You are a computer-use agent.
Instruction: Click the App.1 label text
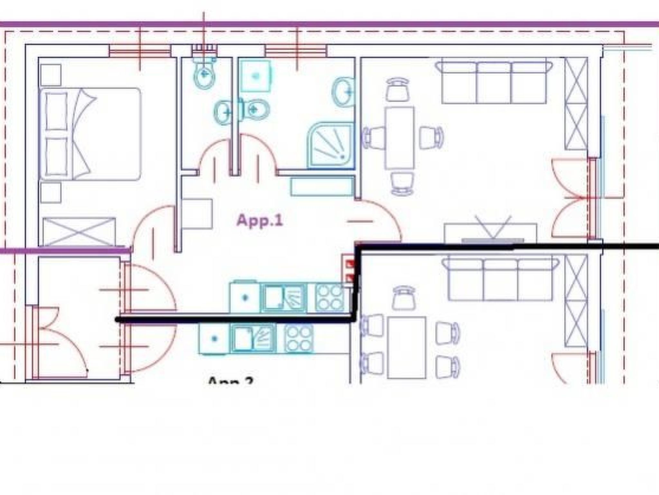(260, 221)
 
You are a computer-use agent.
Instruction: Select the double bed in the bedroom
(90, 134)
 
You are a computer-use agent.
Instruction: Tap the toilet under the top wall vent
(204, 76)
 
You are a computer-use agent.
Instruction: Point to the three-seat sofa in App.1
(494, 82)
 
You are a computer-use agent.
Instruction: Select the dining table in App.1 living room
(399, 138)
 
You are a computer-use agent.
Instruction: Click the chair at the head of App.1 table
(398, 89)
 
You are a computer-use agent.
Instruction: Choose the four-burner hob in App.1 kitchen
(329, 297)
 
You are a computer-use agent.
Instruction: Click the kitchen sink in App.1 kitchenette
(283, 297)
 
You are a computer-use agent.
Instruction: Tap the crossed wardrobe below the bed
(79, 231)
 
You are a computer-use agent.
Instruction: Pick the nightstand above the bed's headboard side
(51, 75)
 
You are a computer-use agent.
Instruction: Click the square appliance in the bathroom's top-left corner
(255, 76)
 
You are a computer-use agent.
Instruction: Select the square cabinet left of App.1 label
(197, 214)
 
